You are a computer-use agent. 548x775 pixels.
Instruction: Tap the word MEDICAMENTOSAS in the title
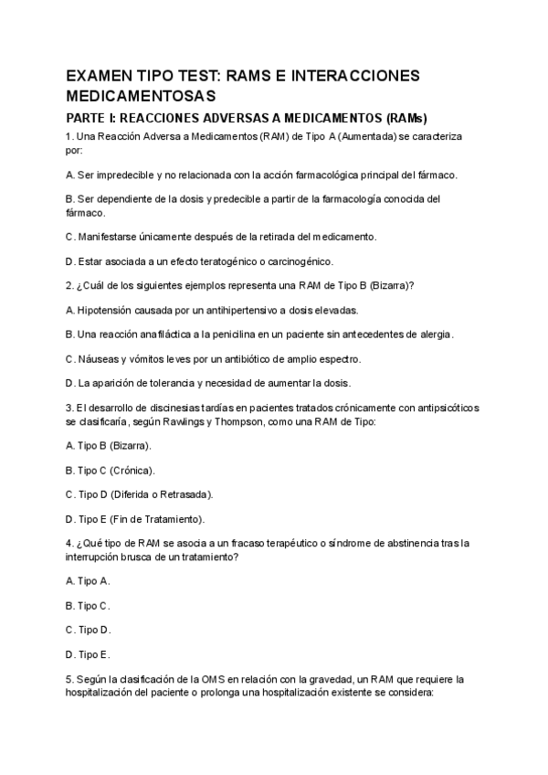click(141, 95)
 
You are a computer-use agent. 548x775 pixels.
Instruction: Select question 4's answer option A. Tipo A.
click(88, 580)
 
